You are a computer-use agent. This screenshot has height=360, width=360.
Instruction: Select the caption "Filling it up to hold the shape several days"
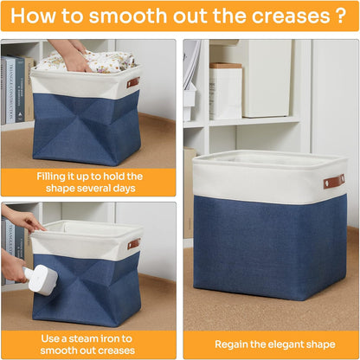pos(90,183)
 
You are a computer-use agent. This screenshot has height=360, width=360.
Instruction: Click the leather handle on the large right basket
pos(334,182)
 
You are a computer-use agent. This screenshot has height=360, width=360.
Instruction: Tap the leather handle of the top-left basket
pos(132,83)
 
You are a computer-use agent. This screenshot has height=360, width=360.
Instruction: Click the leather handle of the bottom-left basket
pos(134,244)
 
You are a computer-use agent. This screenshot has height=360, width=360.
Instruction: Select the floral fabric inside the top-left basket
pos(87,61)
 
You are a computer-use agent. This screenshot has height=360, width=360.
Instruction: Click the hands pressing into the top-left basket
pos(71,54)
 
